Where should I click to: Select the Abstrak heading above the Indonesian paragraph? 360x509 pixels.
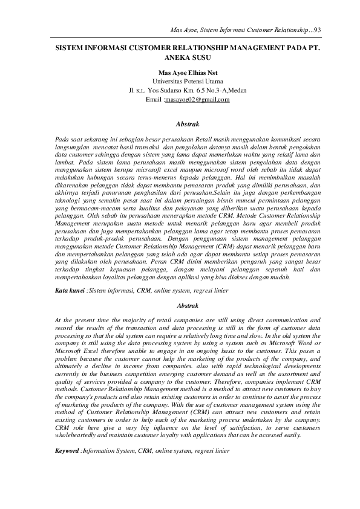(x=180, y=123)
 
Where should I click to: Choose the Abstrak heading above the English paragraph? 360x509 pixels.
(x=180, y=305)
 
